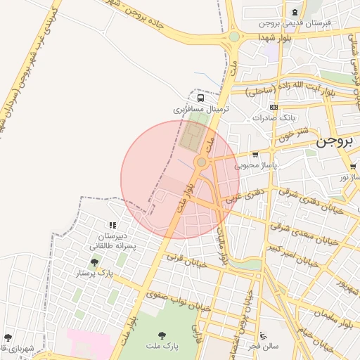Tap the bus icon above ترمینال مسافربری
(x=201, y=98)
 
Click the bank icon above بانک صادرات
(x=274, y=107)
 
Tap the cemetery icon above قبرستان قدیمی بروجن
(x=294, y=12)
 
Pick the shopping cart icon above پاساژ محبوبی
(x=255, y=155)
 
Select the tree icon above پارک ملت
(x=162, y=335)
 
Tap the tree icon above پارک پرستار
(x=94, y=262)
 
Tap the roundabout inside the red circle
(x=202, y=163)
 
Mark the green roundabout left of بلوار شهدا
(x=234, y=37)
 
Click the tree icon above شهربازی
(x=8, y=337)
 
